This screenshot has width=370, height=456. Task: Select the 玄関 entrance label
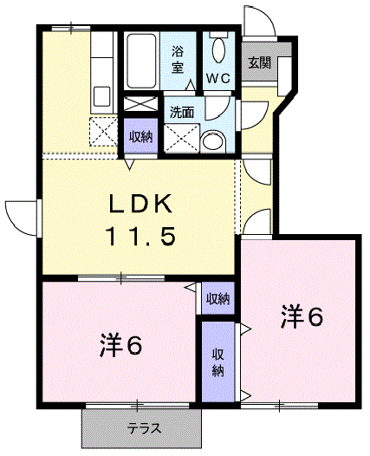tap(258, 62)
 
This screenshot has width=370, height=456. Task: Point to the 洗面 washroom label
tap(181, 112)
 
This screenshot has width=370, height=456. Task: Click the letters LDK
tap(141, 205)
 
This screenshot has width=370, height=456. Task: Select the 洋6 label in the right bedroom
tap(301, 317)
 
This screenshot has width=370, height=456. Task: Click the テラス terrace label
tap(142, 428)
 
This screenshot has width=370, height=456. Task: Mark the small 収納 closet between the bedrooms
tap(217, 299)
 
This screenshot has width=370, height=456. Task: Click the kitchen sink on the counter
tap(100, 96)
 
